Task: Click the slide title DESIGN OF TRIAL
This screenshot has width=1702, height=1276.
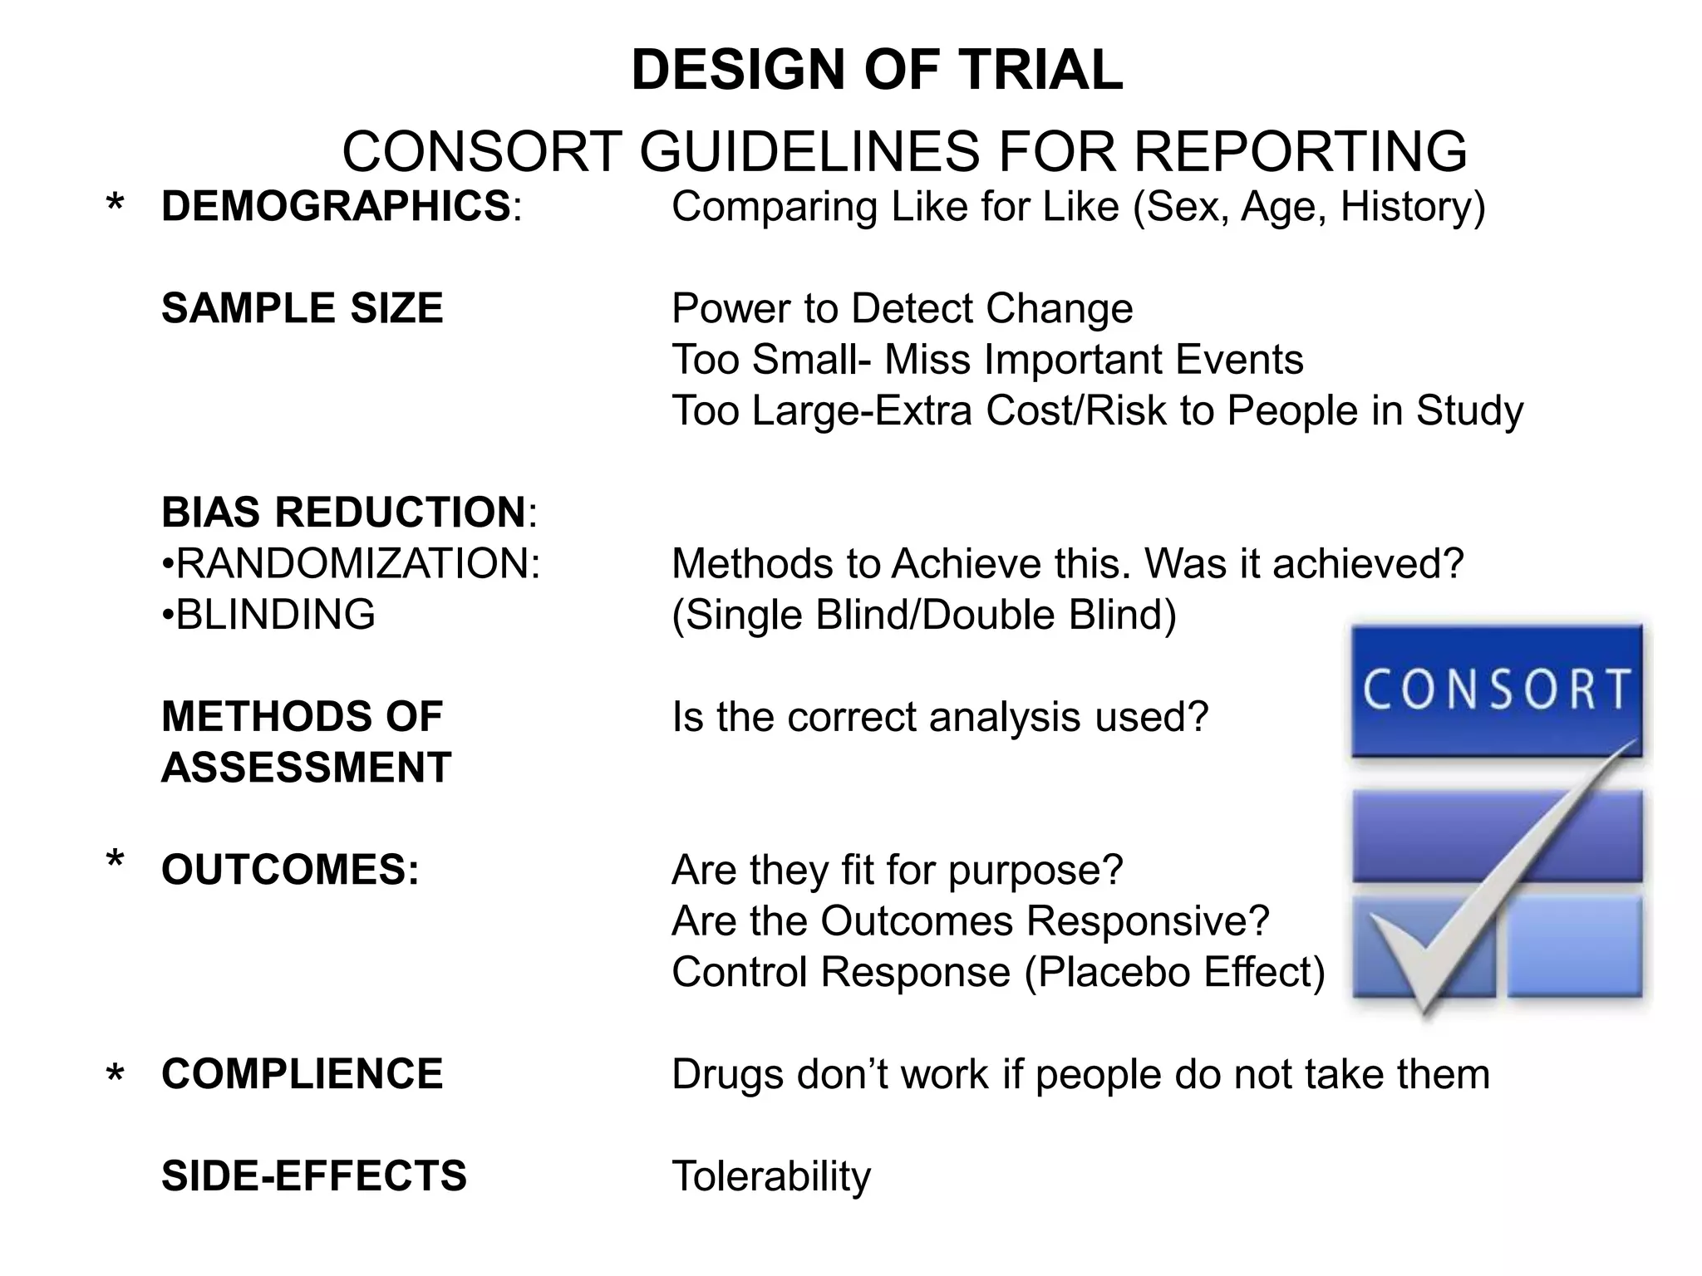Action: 877,70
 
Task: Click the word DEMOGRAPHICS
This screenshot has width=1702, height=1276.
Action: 336,207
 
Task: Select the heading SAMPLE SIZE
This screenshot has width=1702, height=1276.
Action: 303,308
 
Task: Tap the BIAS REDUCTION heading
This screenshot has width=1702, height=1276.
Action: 344,512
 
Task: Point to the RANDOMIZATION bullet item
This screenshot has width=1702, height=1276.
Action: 352,564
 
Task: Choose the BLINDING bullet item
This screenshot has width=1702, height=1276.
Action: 269,615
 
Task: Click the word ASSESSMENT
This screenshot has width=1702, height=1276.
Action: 307,768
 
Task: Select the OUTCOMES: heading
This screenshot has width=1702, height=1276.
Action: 291,870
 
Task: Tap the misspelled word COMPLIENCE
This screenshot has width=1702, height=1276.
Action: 303,1074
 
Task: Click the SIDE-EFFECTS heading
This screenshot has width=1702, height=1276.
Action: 314,1176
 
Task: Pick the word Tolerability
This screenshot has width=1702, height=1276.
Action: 771,1176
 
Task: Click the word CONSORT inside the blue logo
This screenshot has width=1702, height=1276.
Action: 1497,690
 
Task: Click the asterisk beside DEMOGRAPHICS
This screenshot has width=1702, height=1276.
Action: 116,204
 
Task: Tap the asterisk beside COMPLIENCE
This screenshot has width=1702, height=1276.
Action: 116,1075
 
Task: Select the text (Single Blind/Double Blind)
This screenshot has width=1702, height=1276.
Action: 924,616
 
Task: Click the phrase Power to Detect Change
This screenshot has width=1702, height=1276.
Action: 903,309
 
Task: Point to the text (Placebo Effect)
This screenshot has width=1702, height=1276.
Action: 1174,973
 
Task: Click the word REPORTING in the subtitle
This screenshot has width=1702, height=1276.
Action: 1300,152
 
